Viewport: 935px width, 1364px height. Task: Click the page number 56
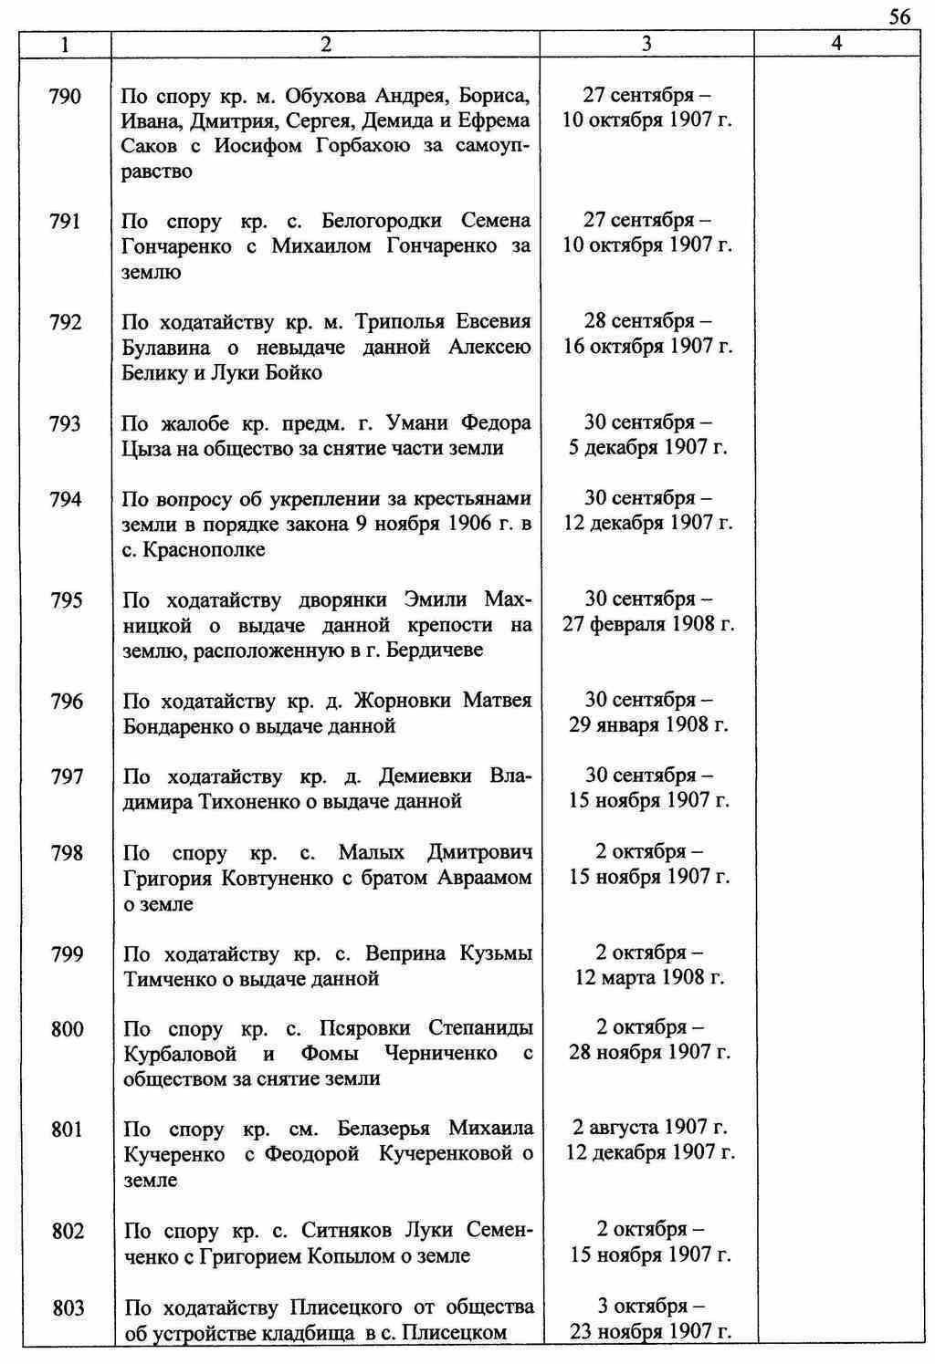point(898,17)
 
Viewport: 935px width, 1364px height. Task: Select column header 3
point(646,44)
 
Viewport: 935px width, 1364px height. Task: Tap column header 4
point(836,44)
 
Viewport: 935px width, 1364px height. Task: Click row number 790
point(65,96)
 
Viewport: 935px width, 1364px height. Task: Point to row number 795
point(65,600)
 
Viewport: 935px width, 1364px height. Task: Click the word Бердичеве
point(435,651)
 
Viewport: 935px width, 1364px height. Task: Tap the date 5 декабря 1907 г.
point(647,448)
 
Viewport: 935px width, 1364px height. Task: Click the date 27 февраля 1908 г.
point(647,625)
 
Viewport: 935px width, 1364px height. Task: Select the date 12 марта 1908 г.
point(649,978)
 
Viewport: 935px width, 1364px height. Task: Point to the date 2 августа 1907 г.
point(650,1128)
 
